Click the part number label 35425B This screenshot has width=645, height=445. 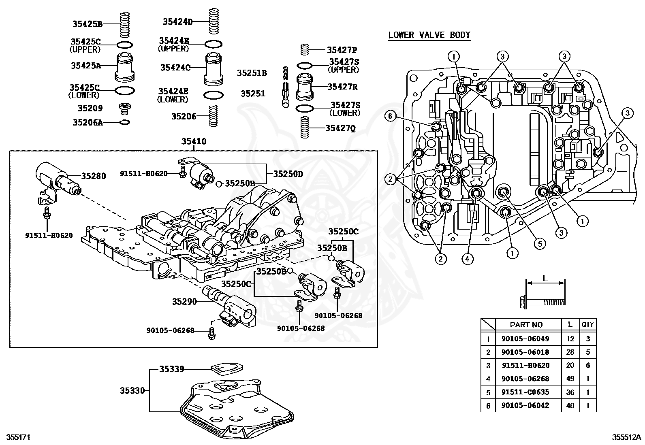click(87, 23)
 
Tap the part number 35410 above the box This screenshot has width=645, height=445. click(194, 141)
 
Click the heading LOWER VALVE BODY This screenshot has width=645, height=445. click(429, 35)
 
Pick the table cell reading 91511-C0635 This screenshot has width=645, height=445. click(525, 392)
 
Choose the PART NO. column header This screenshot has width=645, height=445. click(527, 325)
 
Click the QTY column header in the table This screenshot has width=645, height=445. click(587, 325)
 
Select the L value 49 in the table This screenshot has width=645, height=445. click(570, 379)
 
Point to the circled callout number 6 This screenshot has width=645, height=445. click(390, 116)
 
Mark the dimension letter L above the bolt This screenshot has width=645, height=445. click(545, 278)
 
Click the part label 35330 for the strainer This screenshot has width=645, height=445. click(132, 390)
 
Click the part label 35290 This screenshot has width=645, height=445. click(184, 301)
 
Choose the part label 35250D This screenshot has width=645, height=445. click(288, 174)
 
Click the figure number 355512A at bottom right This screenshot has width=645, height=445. click(626, 437)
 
